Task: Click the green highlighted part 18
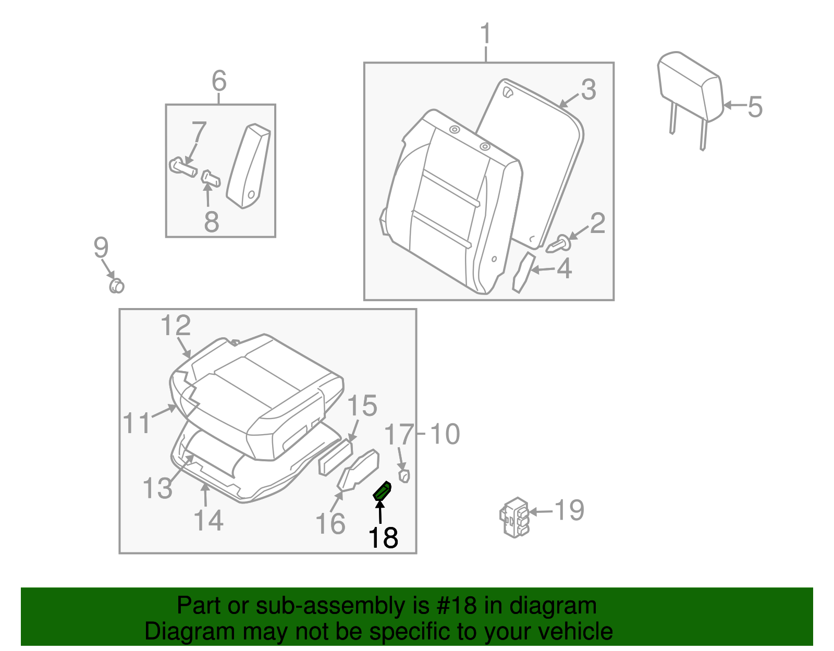[x=383, y=491]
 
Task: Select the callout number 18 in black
[x=383, y=538]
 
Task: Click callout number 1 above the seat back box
[x=486, y=34]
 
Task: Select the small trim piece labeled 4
[x=523, y=272]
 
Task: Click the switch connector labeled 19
[x=515, y=517]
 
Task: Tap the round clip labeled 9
[x=116, y=286]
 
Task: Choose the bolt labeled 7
[x=183, y=168]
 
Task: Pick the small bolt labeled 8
[x=211, y=179]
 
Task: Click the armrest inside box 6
[x=249, y=166]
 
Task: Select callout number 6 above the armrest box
[x=219, y=81]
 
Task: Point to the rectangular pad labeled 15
[x=336, y=457]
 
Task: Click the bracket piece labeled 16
[x=359, y=470]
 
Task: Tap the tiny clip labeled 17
[x=404, y=475]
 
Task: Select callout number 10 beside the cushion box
[x=445, y=434]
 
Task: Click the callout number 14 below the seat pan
[x=208, y=521]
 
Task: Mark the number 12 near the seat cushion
[x=176, y=326]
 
